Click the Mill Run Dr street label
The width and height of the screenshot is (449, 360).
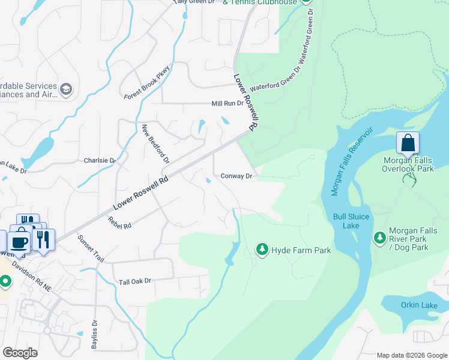(228, 104)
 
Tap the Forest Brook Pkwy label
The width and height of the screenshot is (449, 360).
(148, 83)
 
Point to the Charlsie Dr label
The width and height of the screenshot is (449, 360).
(100, 161)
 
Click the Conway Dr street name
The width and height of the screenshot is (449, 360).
(236, 176)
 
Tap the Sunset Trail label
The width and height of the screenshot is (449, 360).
(91, 248)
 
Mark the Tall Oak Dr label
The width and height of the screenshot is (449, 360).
(134, 281)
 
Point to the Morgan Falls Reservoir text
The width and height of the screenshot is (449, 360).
(352, 160)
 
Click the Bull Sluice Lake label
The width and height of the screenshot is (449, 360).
(346, 221)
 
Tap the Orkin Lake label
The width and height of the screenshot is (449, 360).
(421, 305)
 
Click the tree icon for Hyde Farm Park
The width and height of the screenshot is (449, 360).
(262, 248)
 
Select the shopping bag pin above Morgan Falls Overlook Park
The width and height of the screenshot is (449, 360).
(408, 143)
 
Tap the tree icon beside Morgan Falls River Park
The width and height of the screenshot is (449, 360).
(379, 238)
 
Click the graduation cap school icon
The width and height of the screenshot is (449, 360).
(65, 90)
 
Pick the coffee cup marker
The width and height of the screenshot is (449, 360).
(19, 241)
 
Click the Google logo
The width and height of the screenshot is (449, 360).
(20, 353)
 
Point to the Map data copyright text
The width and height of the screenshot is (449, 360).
(411, 355)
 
